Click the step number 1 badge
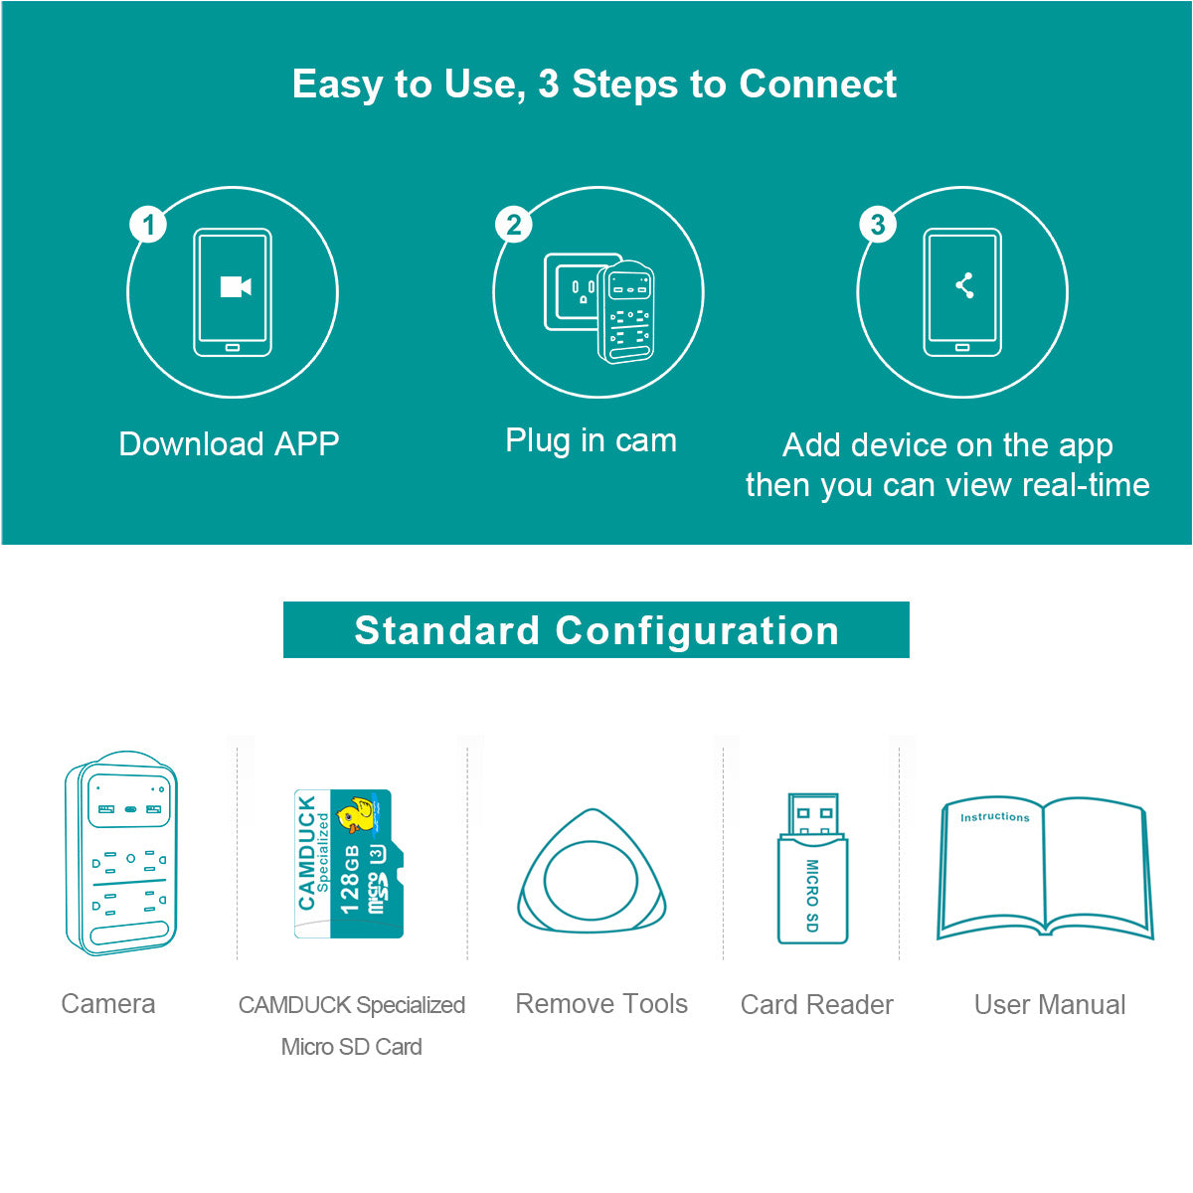pyautogui.click(x=149, y=225)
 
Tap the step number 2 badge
pyautogui.click(x=514, y=225)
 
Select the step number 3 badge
pyautogui.click(x=878, y=225)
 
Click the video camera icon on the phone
pyautogui.click(x=235, y=286)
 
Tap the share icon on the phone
pyautogui.click(x=963, y=286)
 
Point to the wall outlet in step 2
pyautogui.click(x=579, y=292)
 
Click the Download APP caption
pyautogui.click(x=229, y=443)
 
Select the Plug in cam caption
pyautogui.click(x=591, y=440)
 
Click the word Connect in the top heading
pyautogui.click(x=817, y=85)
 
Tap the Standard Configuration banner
pyautogui.click(x=596, y=630)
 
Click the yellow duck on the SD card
pyautogui.click(x=357, y=813)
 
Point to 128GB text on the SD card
pyautogui.click(x=349, y=879)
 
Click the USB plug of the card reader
pyautogui.click(x=812, y=814)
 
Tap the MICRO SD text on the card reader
pyautogui.click(x=812, y=895)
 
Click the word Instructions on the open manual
pyautogui.click(x=994, y=817)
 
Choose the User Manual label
pyautogui.click(x=1050, y=1005)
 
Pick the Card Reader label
pyautogui.click(x=816, y=1005)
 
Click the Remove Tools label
pyautogui.click(x=601, y=1004)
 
